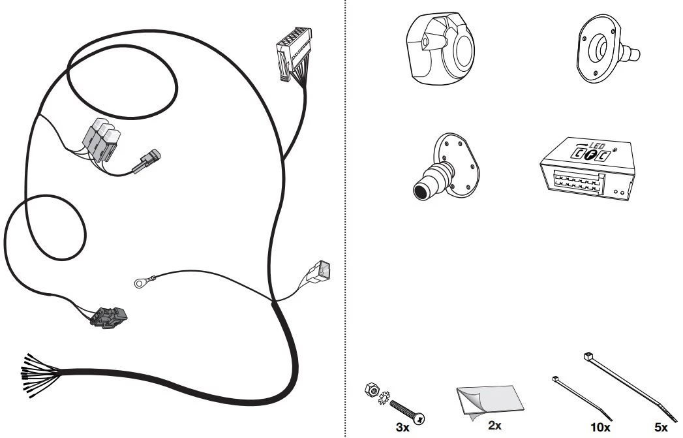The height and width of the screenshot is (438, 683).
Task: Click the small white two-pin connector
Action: coord(318,272)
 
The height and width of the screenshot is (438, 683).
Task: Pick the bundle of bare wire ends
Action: coord(40,375)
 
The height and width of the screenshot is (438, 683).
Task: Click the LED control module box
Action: coord(586,169)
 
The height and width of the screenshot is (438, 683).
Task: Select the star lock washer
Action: coord(384,398)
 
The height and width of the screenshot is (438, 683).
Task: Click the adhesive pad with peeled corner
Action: coord(490,402)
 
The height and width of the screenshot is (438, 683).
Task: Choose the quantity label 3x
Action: coord(402,427)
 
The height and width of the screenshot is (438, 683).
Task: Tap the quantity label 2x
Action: coord(494,425)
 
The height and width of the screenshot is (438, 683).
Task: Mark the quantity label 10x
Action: coord(600,428)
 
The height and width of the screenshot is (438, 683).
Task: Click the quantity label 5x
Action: coord(661,428)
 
